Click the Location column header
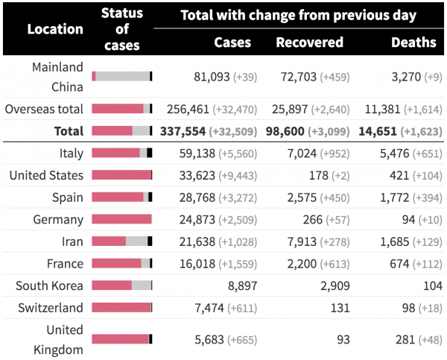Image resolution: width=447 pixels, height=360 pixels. click(55, 29)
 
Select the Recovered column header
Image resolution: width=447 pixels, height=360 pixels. click(309, 42)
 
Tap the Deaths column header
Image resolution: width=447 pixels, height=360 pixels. click(413, 42)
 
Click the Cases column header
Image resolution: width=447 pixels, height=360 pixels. click(232, 42)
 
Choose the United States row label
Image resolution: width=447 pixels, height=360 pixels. click(46, 175)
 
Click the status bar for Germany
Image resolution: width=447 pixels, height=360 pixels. click(121, 219)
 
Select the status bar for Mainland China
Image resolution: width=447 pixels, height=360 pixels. click(121, 76)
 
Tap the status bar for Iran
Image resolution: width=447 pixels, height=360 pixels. click(121, 241)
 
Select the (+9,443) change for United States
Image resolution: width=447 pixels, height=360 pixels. click(238, 175)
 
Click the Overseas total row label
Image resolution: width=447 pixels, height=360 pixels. click(44, 109)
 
